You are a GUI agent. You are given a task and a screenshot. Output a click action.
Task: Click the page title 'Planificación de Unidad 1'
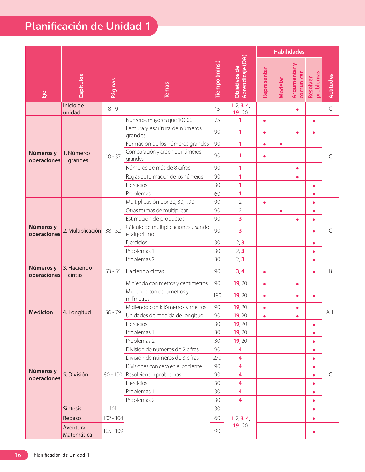[88, 26]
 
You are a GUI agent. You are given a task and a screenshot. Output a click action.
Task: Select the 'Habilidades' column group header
[289, 52]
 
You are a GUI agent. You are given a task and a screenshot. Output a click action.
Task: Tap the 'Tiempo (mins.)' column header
[218, 79]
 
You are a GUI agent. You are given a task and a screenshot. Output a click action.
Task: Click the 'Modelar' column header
[281, 87]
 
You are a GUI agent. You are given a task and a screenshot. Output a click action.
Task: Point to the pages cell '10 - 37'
[113, 156]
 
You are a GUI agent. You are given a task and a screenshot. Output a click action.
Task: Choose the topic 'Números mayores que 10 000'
[159, 120]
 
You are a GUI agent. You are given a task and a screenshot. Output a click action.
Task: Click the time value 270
[217, 358]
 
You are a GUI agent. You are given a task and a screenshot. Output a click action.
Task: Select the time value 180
[217, 295]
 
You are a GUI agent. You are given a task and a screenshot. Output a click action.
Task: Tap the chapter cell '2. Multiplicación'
[82, 231]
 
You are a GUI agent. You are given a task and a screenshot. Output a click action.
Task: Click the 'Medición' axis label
[41, 312]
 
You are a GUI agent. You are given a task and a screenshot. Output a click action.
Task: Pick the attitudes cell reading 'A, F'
[330, 312]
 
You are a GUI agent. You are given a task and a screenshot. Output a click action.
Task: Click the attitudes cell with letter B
[330, 271]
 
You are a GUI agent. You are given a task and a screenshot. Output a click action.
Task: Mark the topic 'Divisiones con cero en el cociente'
[164, 366]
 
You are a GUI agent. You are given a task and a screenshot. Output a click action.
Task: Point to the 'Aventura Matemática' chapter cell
[77, 431]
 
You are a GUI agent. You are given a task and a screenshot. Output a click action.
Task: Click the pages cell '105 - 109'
[113, 431]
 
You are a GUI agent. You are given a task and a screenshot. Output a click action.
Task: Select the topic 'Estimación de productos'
[155, 219]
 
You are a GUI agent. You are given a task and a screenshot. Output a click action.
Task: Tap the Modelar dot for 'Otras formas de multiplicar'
[281, 211]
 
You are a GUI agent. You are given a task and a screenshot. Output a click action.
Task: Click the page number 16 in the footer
[18, 455]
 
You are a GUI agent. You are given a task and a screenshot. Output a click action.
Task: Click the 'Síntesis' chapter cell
[72, 408]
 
